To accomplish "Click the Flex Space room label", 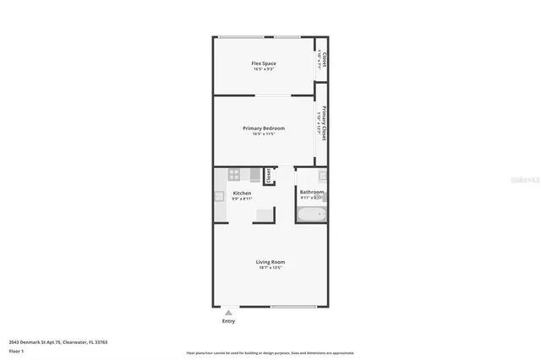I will (264, 63).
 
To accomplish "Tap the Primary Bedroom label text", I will (264, 128).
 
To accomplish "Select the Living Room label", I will (270, 261).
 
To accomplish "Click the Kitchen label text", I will (242, 194).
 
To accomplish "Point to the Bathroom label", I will (311, 193).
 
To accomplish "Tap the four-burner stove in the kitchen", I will (234, 175).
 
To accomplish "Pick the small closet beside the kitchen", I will (269, 176).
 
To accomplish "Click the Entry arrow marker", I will (228, 312).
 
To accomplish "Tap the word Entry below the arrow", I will (228, 321).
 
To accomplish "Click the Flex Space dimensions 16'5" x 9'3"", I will (264, 69).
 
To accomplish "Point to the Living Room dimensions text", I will (270, 267).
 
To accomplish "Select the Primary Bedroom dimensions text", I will (264, 134).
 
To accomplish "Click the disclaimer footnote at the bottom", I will (270, 353).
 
